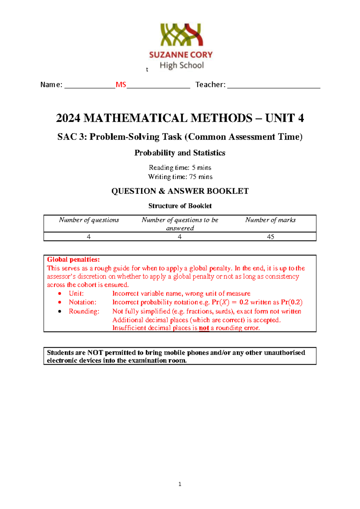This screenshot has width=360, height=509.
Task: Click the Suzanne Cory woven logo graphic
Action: [x=181, y=35]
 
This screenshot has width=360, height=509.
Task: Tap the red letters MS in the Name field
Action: [x=121, y=85]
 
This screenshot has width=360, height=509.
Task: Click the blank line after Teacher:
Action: [x=274, y=86]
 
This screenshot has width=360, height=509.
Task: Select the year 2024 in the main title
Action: [x=68, y=118]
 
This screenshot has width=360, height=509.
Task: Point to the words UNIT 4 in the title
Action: [x=284, y=118]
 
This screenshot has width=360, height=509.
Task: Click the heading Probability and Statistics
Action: [x=180, y=153]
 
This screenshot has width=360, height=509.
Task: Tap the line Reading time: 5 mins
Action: [x=180, y=167]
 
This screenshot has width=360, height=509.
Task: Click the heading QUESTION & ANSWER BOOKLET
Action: [x=180, y=191]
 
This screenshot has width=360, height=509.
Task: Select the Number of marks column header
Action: [x=270, y=220]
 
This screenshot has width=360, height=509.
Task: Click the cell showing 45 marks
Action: [x=270, y=237]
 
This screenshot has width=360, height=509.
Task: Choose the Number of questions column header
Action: [x=89, y=220]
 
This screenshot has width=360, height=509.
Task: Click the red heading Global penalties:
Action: [x=73, y=260]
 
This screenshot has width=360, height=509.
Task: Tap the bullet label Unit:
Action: [x=76, y=294]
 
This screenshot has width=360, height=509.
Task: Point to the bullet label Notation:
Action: [x=82, y=302]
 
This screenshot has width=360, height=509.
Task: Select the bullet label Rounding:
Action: [x=84, y=311]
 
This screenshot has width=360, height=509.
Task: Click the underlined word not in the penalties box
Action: [x=204, y=328]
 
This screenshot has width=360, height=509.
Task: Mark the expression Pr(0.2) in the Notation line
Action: [x=292, y=302]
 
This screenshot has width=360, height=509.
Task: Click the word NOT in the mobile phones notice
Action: [x=95, y=353]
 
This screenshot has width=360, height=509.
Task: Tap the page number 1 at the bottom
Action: [x=180, y=484]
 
